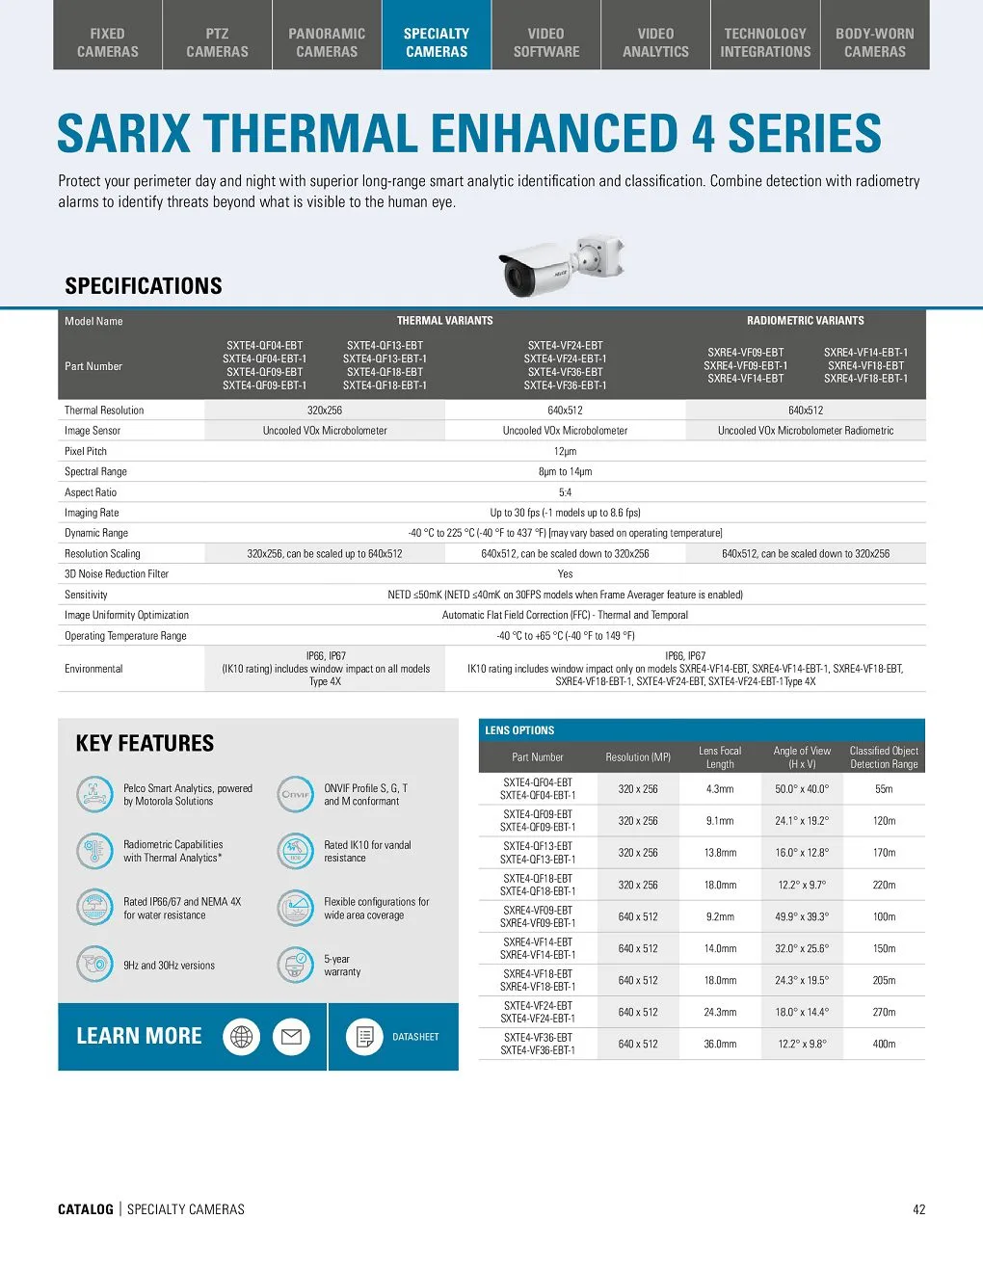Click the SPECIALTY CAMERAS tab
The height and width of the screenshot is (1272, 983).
click(437, 42)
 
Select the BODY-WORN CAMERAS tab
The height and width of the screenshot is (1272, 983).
click(874, 42)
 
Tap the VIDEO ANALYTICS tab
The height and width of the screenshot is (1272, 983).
click(655, 42)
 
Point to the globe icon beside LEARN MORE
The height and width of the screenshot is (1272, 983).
click(241, 1037)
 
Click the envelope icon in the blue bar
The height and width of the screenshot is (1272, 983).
click(291, 1037)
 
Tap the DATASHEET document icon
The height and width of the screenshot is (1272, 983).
click(364, 1037)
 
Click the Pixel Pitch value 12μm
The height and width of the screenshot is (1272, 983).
click(565, 451)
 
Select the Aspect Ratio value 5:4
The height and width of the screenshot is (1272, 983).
click(565, 492)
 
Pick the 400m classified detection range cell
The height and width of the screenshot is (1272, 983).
click(884, 1044)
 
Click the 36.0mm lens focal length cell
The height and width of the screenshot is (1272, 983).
click(720, 1044)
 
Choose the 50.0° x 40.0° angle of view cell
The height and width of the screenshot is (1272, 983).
click(802, 789)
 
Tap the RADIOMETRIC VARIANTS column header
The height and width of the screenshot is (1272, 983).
click(805, 321)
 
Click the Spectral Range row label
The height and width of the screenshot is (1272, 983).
click(95, 472)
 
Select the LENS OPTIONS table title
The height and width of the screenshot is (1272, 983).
click(519, 730)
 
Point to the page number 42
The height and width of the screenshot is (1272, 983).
click(918, 1209)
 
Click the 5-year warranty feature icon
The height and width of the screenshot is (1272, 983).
click(296, 965)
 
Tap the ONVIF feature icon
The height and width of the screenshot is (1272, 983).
click(296, 794)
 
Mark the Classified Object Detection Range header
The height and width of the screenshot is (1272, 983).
click(884, 757)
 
